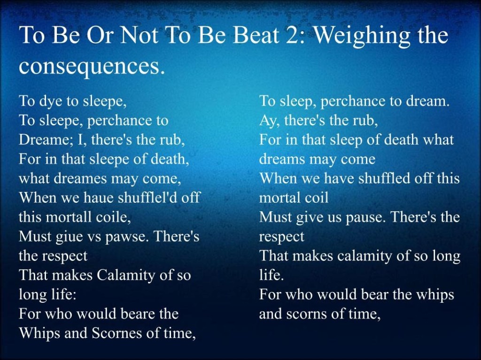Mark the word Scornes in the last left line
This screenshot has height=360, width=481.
tap(116, 333)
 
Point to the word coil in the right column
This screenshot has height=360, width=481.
tap(318, 197)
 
